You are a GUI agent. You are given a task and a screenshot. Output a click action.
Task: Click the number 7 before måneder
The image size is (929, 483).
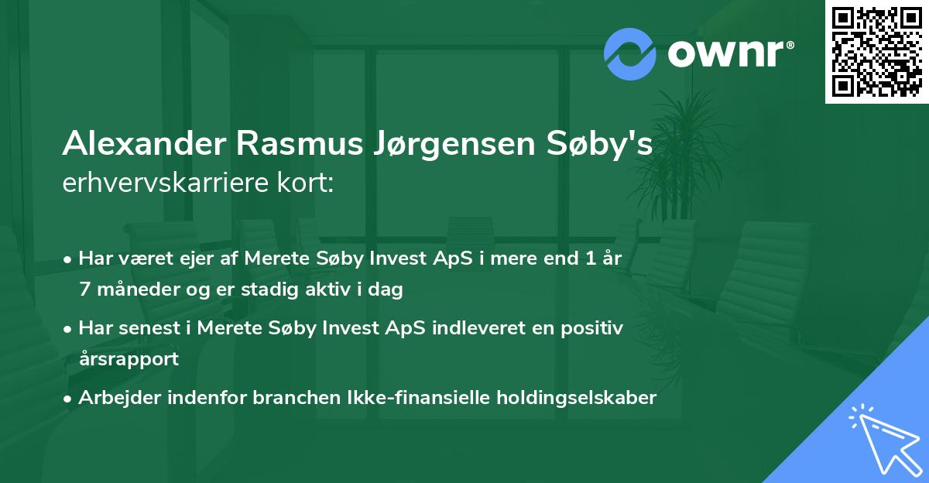(84, 289)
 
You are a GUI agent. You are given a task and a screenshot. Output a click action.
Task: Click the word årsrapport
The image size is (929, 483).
(129, 359)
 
